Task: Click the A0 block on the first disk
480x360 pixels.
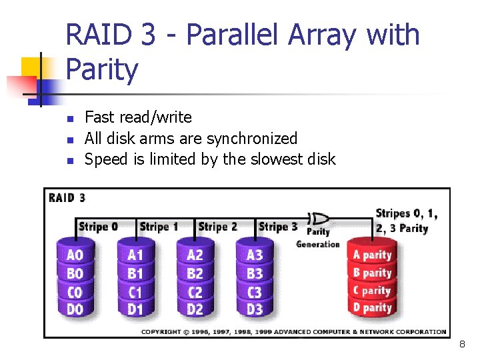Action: tap(75, 255)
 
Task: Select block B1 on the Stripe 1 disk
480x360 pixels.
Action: tap(135, 273)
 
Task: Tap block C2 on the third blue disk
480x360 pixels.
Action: tap(195, 291)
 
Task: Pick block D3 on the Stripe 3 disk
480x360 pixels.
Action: tap(254, 309)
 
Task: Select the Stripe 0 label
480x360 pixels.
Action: tap(98, 227)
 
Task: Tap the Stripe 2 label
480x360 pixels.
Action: tap(217, 227)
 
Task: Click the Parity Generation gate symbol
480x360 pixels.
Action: tap(320, 219)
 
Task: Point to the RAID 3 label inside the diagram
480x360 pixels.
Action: tap(67, 197)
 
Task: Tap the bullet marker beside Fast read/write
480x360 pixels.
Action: tap(69, 119)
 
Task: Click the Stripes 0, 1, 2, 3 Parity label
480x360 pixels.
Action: tap(407, 221)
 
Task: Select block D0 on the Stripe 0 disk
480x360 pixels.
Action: tap(75, 309)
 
